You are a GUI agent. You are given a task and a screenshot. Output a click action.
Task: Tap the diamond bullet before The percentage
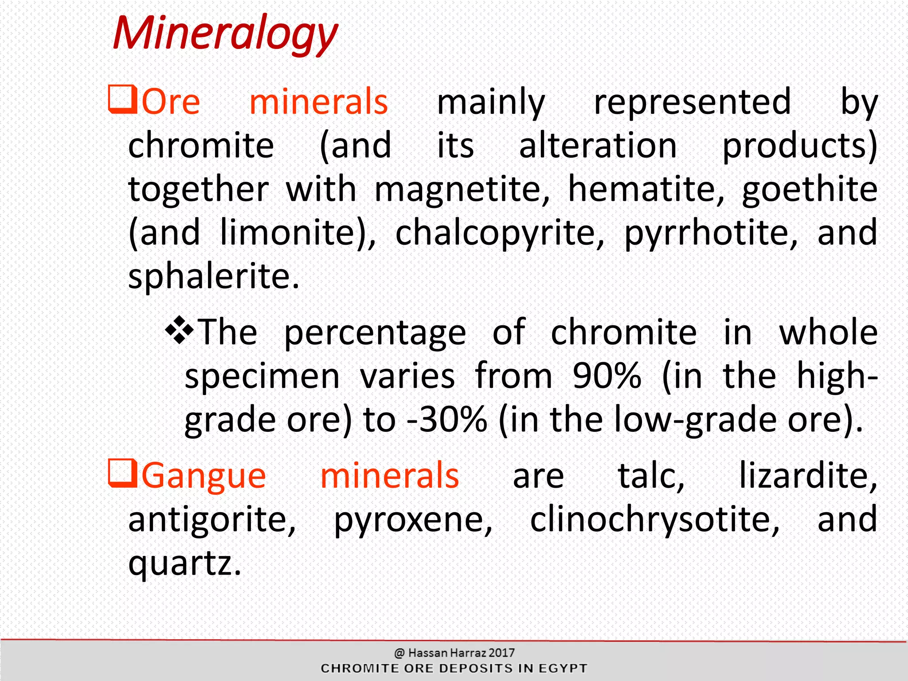(x=179, y=330)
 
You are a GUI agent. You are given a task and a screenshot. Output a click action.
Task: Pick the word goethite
(x=809, y=189)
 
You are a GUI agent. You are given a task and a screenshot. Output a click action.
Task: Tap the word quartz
(x=184, y=563)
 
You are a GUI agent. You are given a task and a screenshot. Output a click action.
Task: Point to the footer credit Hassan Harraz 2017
(x=461, y=653)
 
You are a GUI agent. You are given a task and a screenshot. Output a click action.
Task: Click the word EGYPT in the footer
(x=563, y=669)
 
